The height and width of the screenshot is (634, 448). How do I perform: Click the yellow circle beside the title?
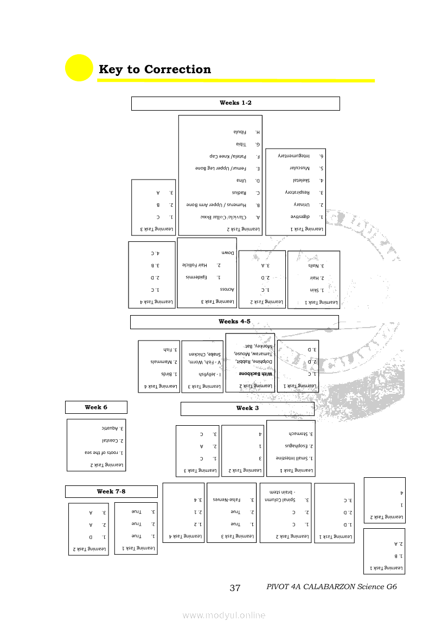(x=79, y=68)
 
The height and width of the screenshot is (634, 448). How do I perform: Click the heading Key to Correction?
(x=155, y=69)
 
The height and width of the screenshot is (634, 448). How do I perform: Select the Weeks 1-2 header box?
(x=235, y=103)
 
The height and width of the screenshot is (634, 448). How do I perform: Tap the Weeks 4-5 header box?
(x=234, y=322)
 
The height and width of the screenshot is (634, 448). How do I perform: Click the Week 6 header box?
(x=96, y=407)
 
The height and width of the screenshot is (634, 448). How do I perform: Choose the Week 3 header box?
(x=247, y=408)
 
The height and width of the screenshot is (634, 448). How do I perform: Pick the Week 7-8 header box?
(x=111, y=491)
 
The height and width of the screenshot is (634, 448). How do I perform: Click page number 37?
(x=235, y=588)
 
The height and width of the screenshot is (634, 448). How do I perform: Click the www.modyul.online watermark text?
(x=224, y=615)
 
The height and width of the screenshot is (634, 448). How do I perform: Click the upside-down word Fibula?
(x=240, y=132)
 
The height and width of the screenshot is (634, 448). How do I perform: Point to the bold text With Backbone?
(x=250, y=374)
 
